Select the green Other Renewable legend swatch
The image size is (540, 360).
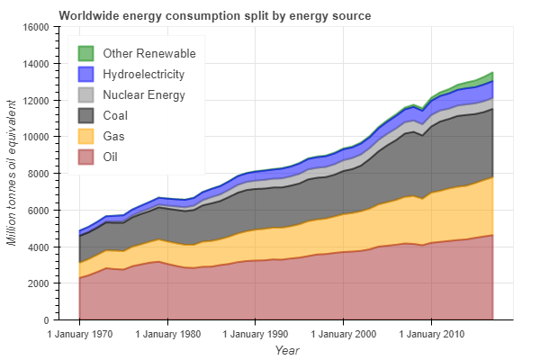[87, 54]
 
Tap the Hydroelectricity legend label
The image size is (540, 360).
[144, 74]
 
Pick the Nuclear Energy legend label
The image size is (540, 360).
[144, 94]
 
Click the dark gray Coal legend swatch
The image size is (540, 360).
[87, 115]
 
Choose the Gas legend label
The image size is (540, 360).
[114, 136]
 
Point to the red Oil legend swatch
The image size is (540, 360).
[87, 157]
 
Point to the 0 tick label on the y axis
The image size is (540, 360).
[45, 319]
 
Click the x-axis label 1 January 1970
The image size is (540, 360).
[79, 334]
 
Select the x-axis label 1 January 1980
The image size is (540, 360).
[167, 334]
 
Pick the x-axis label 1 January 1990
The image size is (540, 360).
[256, 334]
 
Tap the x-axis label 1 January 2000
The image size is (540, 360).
[343, 334]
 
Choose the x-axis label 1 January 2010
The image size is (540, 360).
[431, 334]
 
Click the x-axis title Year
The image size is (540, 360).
[287, 349]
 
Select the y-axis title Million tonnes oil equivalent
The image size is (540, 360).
[12, 173]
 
